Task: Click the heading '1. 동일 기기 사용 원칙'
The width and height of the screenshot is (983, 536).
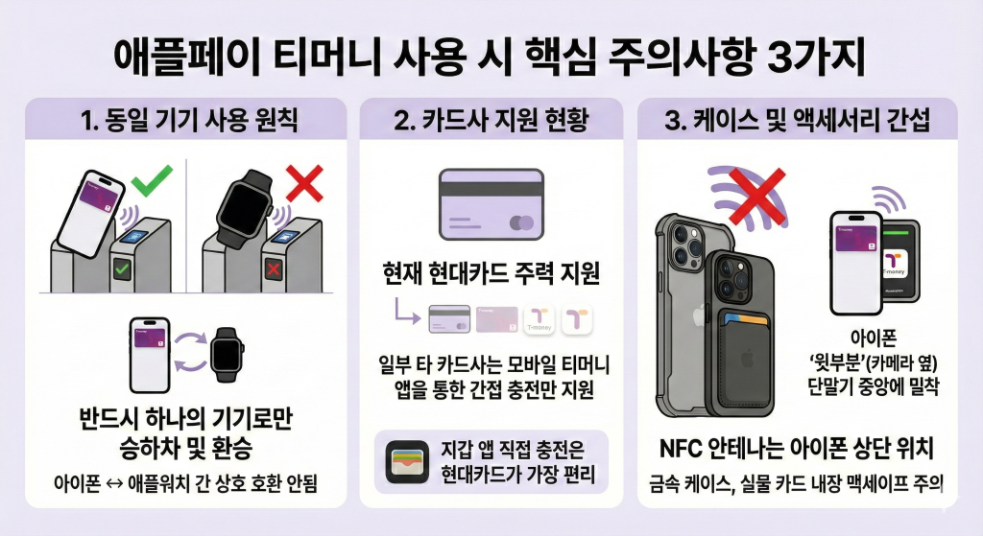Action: coord(183,123)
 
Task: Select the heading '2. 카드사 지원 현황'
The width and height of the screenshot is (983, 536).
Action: coord(491,123)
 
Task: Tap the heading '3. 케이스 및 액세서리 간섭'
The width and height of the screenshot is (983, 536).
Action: coord(800,123)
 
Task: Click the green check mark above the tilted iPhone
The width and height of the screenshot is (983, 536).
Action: coord(151,181)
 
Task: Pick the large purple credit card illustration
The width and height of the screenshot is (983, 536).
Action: coord(491,204)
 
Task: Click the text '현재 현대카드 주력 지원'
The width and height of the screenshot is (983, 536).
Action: coord(491,277)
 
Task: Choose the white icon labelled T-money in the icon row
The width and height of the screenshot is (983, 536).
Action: coord(540,319)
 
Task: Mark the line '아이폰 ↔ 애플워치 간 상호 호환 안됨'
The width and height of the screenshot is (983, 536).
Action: coord(183,483)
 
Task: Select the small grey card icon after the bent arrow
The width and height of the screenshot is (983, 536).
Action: coord(449,319)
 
